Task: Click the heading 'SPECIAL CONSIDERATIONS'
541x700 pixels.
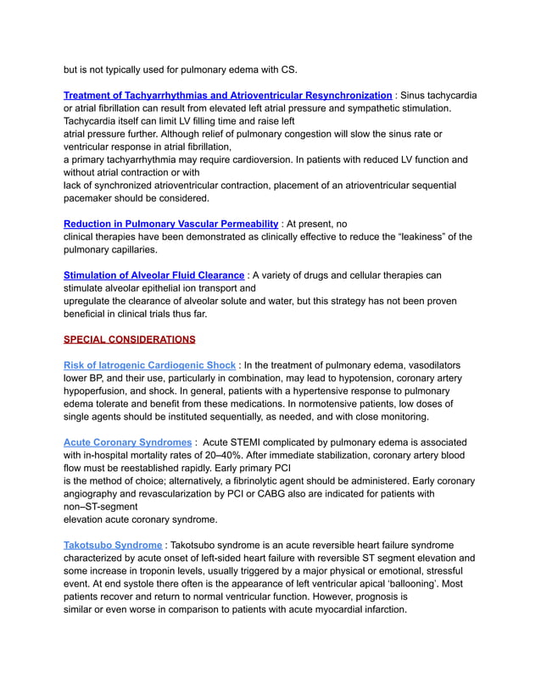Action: point(129,340)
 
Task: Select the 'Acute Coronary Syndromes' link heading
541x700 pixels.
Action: point(128,442)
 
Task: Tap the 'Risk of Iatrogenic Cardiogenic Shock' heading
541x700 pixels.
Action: point(149,365)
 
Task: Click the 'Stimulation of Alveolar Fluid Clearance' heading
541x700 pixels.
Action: point(154,275)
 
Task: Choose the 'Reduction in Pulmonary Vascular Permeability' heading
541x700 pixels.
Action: point(170,224)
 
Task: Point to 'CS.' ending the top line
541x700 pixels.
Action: point(288,69)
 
